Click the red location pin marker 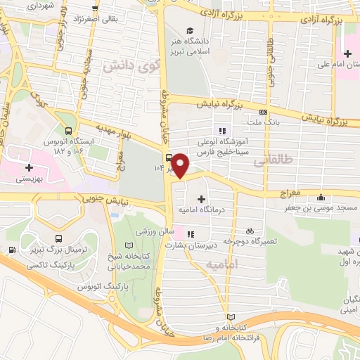tap(181, 166)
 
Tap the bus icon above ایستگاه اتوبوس tap(68, 130)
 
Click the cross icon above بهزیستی tap(29, 168)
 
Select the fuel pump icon tap(12, 250)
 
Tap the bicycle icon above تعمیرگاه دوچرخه tap(250, 231)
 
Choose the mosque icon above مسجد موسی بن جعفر tap(321, 198)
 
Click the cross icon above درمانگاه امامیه tap(202, 199)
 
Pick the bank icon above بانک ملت tap(263, 111)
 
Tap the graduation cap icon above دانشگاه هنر tap(189, 30)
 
